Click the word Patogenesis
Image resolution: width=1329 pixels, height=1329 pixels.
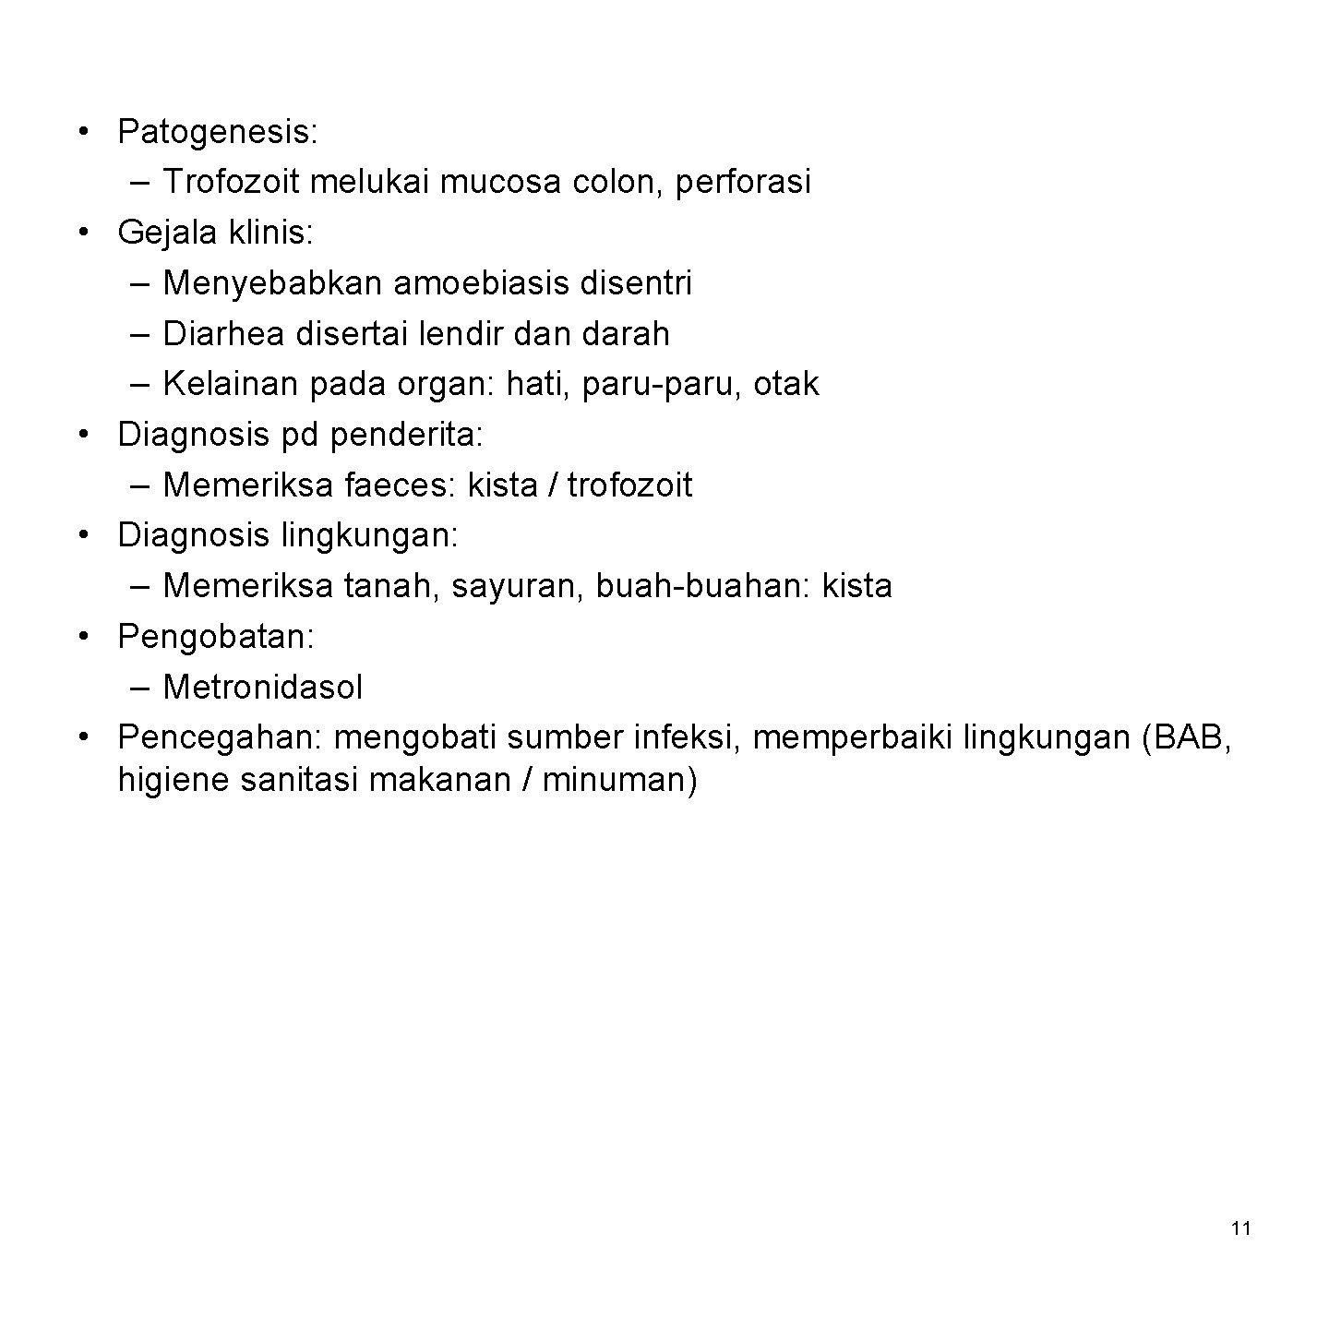(x=216, y=133)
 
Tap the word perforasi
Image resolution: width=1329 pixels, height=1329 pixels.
(x=743, y=182)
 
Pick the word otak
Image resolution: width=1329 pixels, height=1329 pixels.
(x=785, y=384)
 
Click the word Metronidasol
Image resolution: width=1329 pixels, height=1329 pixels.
(x=263, y=687)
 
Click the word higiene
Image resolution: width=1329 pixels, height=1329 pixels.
(x=173, y=781)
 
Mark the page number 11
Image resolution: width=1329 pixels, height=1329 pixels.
(x=1240, y=1228)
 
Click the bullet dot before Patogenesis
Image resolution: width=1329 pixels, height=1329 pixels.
(x=84, y=131)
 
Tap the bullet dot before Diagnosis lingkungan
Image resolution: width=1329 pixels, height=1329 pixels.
(x=84, y=534)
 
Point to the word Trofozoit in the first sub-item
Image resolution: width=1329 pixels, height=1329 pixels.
(x=231, y=182)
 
